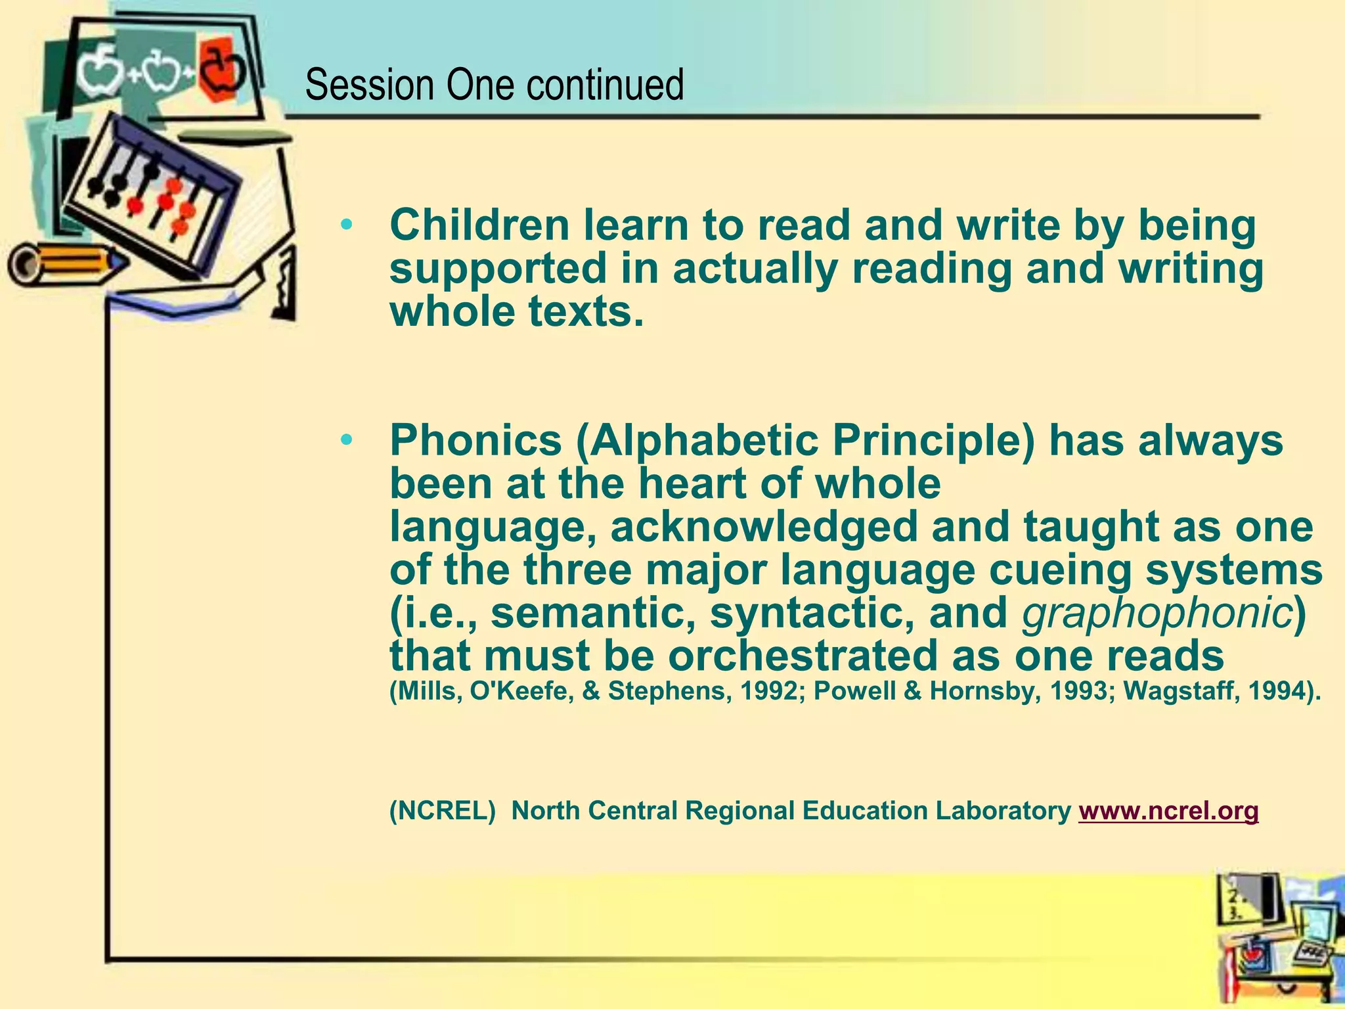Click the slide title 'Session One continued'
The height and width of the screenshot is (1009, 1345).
[x=494, y=85]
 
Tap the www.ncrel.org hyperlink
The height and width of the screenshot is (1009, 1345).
[x=1168, y=811]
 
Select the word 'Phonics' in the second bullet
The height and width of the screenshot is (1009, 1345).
[x=475, y=440]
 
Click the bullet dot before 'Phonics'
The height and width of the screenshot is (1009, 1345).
[x=347, y=441]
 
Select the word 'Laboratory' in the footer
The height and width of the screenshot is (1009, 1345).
[x=1003, y=811]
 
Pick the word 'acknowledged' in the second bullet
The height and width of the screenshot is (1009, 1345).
[x=763, y=527]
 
